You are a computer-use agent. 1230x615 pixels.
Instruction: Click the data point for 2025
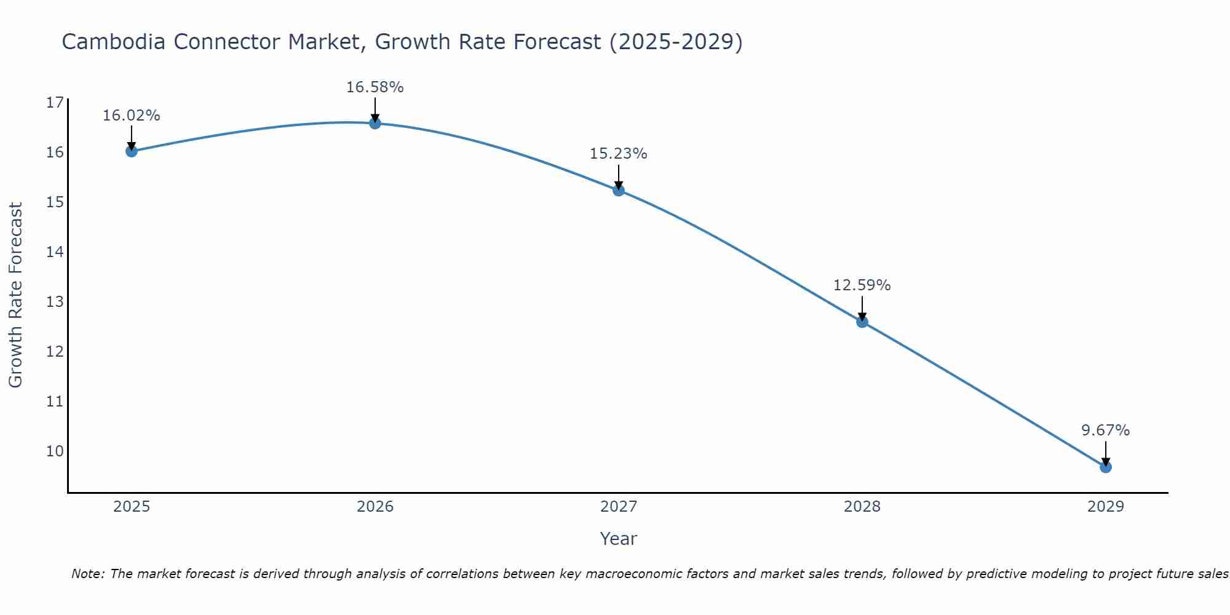click(x=131, y=151)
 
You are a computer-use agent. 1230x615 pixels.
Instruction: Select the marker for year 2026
click(x=375, y=123)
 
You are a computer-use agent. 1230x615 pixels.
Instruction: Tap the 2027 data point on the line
click(x=618, y=190)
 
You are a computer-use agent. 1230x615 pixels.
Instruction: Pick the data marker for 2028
click(x=862, y=322)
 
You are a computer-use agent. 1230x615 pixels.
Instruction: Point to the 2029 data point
click(x=1105, y=467)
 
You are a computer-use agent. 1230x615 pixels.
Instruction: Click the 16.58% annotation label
click(x=375, y=87)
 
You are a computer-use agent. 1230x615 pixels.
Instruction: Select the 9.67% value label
click(x=1105, y=430)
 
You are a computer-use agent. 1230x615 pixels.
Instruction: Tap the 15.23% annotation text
click(x=618, y=154)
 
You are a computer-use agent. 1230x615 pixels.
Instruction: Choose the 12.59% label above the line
click(x=862, y=285)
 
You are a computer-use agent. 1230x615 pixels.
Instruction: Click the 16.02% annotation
click(x=131, y=116)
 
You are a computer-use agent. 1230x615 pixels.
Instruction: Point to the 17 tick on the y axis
click(x=55, y=102)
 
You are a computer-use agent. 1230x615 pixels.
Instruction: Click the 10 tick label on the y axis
click(x=55, y=451)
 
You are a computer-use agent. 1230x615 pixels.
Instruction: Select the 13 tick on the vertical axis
click(x=55, y=302)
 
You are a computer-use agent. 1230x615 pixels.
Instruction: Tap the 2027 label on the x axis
click(x=618, y=507)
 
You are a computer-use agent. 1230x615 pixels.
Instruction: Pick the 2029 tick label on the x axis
click(x=1105, y=507)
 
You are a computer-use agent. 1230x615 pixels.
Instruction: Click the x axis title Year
click(x=618, y=539)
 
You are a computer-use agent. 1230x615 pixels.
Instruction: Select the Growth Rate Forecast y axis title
click(x=15, y=295)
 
